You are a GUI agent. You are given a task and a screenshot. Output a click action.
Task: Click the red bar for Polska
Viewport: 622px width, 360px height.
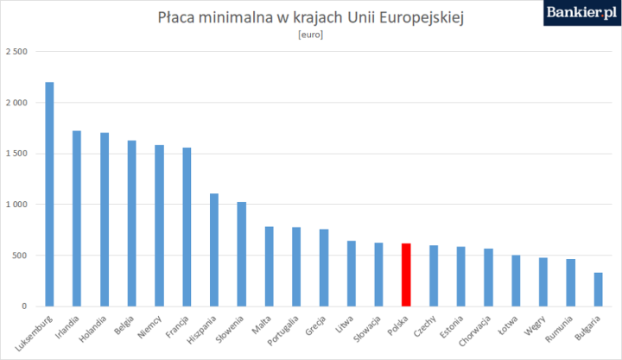[x=406, y=275]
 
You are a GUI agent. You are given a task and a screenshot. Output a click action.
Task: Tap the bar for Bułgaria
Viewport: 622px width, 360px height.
[x=598, y=289]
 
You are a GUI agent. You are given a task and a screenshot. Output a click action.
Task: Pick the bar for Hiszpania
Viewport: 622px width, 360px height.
[x=213, y=249]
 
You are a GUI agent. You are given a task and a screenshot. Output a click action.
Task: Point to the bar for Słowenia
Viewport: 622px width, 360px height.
[x=241, y=254]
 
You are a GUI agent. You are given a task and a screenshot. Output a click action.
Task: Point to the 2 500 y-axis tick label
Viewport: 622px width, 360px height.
[x=16, y=52]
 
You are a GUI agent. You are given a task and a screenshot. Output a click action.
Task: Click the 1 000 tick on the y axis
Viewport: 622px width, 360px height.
[x=16, y=205]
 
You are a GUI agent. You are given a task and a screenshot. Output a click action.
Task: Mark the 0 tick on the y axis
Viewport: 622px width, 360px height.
[x=25, y=306]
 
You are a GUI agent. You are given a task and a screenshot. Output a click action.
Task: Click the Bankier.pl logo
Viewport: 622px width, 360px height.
[x=579, y=13]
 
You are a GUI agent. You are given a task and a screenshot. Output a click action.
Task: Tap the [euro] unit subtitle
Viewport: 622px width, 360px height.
[x=310, y=35]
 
